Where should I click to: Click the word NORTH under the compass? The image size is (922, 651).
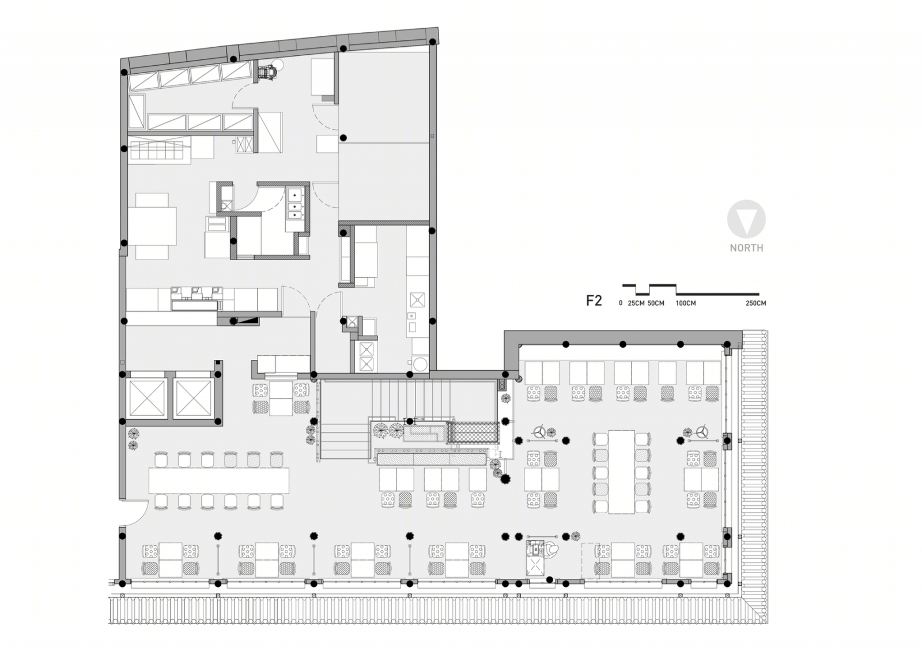746,248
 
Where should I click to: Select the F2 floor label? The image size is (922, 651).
594,301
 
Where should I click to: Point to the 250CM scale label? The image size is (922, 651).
755,303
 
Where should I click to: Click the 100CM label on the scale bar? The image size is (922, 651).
685,303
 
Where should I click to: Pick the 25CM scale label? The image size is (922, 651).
636,303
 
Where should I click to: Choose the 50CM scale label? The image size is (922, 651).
656,303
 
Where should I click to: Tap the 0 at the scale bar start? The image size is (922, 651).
621,303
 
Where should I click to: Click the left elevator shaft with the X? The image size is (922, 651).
147,398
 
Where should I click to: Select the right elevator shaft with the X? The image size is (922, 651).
192,398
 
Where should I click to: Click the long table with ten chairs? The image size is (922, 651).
621,472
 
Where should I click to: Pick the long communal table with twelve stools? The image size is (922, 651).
218,480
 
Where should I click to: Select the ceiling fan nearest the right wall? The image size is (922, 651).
702,432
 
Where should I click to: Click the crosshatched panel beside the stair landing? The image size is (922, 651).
473,432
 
